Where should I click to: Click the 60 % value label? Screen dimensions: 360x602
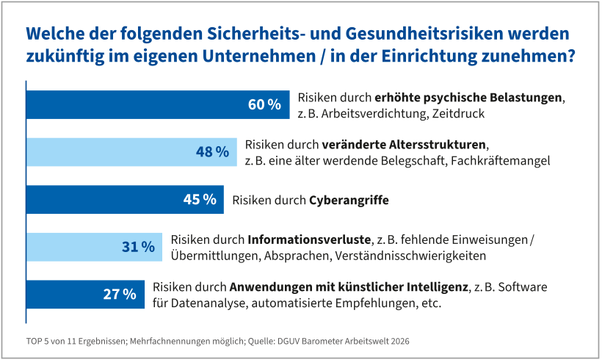[264, 105]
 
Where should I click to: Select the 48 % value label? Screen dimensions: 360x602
[213, 152]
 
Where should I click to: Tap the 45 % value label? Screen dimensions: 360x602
[199, 199]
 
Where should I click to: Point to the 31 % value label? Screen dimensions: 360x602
[138, 247]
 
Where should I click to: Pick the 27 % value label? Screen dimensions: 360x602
[119, 294]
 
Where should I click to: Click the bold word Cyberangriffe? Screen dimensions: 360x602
[349, 200]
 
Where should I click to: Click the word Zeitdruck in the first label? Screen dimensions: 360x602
[460, 114]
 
